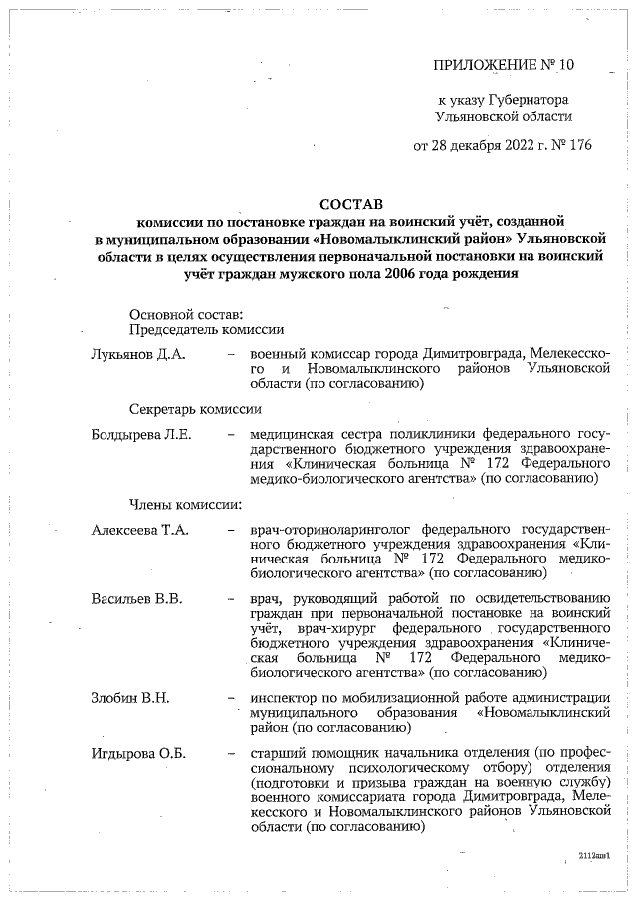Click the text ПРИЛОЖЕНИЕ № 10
click(x=505, y=65)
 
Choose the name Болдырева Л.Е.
click(x=140, y=435)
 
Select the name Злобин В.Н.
click(x=129, y=697)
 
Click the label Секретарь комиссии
click(x=195, y=409)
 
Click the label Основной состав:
click(x=186, y=315)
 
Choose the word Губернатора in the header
click(x=527, y=101)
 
